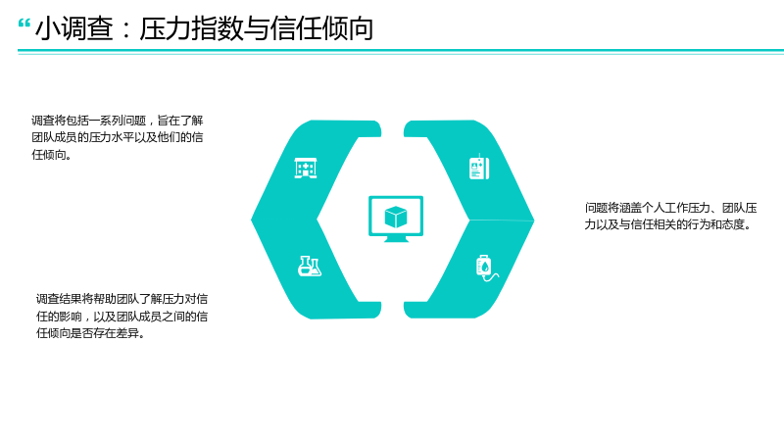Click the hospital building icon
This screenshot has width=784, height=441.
tap(306, 168)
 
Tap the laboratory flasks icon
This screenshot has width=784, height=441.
tap(310, 266)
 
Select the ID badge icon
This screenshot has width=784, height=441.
tap(479, 167)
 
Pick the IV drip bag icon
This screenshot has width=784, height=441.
tap(486, 269)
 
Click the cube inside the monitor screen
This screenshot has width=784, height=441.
tap(396, 217)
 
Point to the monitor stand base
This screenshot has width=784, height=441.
tap(396, 239)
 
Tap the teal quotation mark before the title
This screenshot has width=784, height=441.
tap(24, 24)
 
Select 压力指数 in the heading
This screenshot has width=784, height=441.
tap(191, 28)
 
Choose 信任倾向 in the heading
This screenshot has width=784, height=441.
tap(321, 28)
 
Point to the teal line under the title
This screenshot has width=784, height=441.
tap(401, 51)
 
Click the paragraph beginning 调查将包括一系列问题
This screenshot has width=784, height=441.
tap(118, 137)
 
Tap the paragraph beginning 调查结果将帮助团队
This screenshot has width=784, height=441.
tap(122, 316)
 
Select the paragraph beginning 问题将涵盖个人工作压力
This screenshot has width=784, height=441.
tap(670, 216)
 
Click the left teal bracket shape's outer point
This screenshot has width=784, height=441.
tap(252, 219)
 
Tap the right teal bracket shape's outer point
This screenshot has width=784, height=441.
tap(533, 220)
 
